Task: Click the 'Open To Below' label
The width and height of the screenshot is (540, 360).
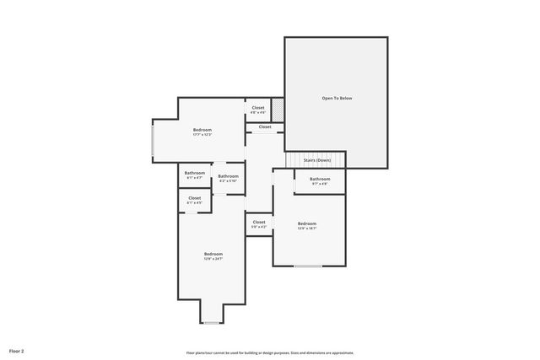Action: point(337,99)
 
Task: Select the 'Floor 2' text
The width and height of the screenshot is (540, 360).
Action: point(17,350)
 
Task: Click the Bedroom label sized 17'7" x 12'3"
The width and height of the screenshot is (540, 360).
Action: point(202,130)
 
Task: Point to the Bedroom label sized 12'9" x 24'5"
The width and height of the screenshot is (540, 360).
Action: point(213,254)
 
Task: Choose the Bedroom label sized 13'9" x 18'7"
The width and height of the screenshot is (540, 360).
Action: point(307,223)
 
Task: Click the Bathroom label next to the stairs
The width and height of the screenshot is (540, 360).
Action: point(320,179)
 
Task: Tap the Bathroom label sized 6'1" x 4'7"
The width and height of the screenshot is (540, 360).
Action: point(194,173)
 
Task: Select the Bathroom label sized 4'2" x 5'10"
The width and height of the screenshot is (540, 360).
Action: point(228,176)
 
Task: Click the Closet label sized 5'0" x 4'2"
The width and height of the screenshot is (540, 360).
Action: point(259,223)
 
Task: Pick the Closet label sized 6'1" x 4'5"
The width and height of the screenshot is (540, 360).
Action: point(194,198)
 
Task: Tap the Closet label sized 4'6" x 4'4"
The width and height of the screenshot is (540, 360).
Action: point(258,108)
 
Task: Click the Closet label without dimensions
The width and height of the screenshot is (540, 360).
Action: point(265,127)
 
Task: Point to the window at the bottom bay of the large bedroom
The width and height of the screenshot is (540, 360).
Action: point(213,322)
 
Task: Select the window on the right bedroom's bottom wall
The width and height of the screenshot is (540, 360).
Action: point(307,266)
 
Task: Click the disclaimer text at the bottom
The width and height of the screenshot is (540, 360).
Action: point(269,352)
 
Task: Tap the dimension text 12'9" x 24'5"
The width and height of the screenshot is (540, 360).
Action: point(213,259)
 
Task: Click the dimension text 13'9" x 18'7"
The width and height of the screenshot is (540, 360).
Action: point(307,228)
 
